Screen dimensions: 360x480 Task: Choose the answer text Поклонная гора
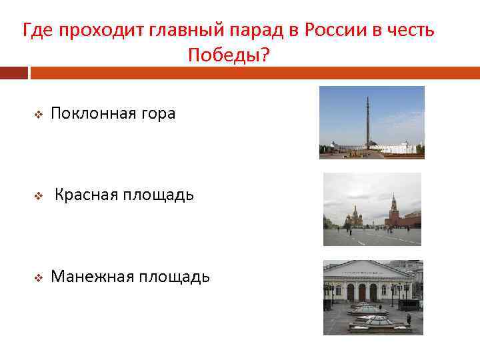[x=113, y=114]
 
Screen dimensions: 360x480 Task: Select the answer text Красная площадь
[x=124, y=195]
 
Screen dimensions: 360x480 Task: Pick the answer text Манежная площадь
[x=130, y=276]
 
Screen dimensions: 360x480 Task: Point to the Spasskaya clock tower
[x=393, y=210]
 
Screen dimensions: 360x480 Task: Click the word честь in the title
[x=413, y=30]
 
